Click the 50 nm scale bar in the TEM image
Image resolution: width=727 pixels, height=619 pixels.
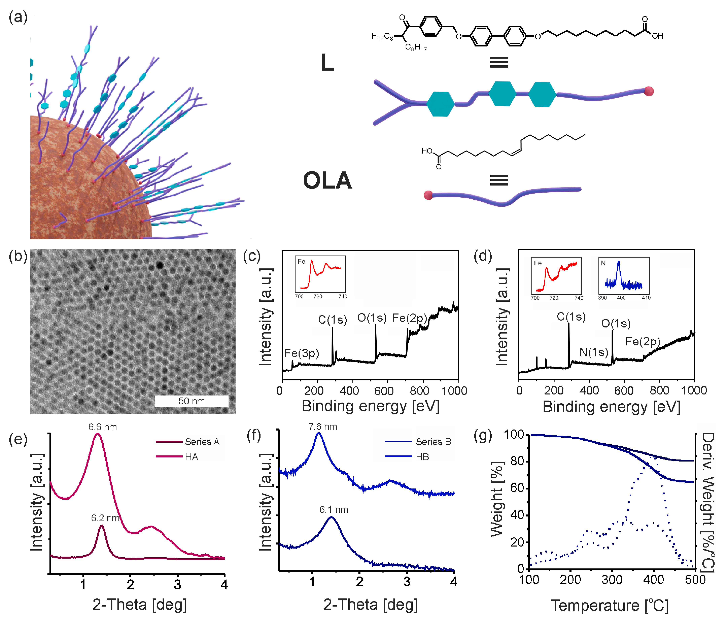coord(191,401)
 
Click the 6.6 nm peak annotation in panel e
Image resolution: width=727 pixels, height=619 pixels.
coord(102,427)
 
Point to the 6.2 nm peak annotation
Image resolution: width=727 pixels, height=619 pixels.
coord(105,518)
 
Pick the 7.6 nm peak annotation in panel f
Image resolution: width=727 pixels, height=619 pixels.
coord(322,427)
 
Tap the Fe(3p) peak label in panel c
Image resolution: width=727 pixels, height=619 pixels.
coord(301,353)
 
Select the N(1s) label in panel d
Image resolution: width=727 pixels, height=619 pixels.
coord(593,352)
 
